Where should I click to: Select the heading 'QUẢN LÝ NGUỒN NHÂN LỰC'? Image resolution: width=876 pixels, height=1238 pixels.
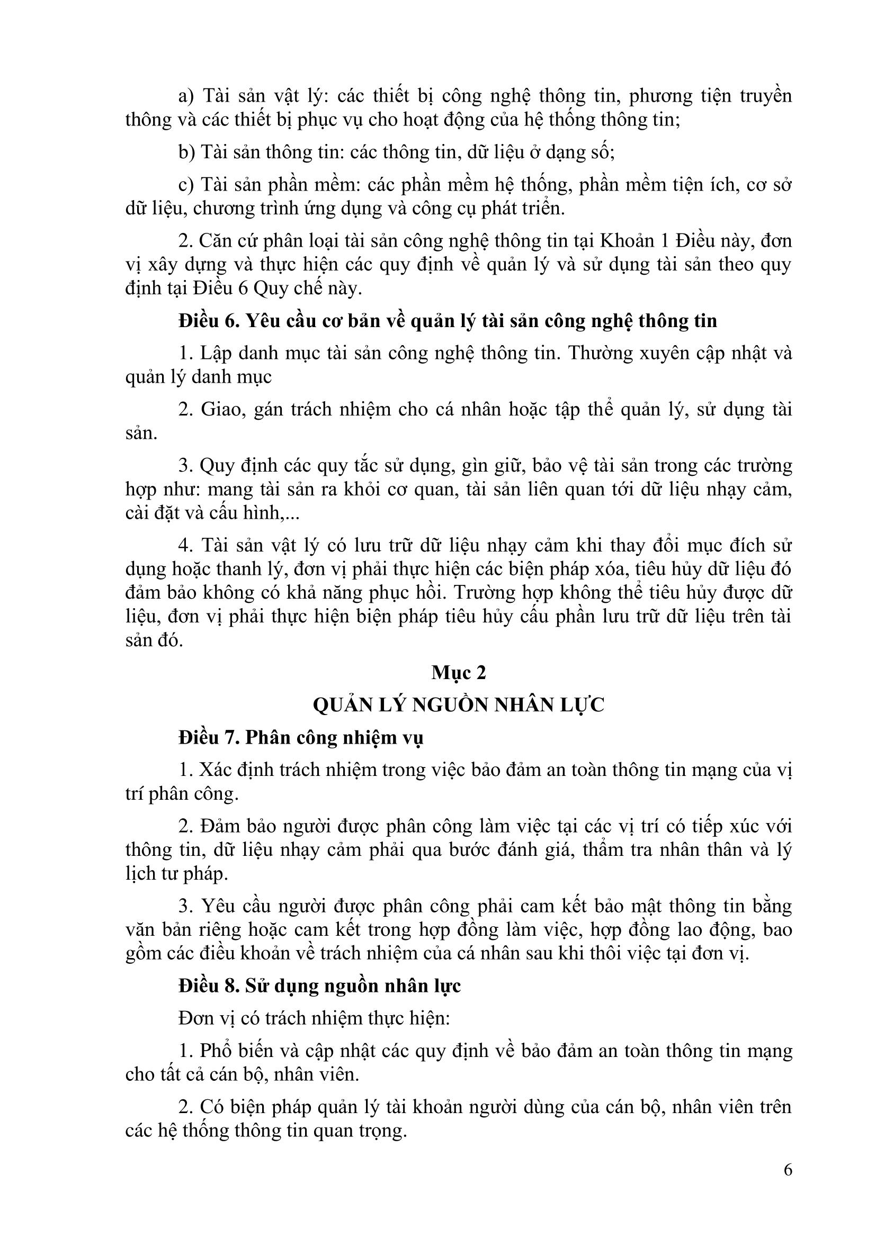click(459, 704)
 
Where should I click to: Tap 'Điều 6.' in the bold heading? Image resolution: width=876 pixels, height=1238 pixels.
click(209, 321)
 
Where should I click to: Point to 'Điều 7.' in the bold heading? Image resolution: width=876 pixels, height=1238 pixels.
click(209, 737)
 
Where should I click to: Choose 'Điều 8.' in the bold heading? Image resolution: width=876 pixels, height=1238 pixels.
click(209, 986)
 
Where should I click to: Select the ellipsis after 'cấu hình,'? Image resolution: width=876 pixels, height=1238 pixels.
click(292, 513)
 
